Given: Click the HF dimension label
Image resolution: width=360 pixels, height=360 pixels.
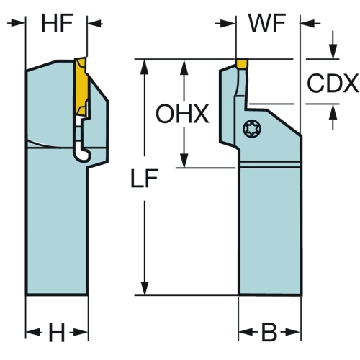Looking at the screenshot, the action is coord(57,23).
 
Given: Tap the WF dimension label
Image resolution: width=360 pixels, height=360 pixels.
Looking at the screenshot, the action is coord(268,23).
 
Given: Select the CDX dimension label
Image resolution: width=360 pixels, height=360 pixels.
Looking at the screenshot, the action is coord(333,84).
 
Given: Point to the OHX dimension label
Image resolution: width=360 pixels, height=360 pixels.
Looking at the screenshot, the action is coord(182,114).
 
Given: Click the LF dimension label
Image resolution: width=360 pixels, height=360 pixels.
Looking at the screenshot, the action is coord(144,179).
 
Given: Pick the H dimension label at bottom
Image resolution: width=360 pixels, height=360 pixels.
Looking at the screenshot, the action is coord(57,333).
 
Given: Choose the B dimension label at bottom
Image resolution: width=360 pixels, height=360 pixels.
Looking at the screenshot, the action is coord(269,333).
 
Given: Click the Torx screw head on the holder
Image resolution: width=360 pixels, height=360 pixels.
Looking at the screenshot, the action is coord(252,129).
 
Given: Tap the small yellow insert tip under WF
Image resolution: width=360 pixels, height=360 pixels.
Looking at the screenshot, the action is coord(242,63).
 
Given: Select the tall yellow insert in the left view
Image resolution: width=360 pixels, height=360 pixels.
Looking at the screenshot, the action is coord(81,86).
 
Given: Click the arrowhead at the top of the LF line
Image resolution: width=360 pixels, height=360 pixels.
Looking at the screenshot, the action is coord(145,66).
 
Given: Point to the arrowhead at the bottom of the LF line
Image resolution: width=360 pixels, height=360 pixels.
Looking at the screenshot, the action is coord(145,288).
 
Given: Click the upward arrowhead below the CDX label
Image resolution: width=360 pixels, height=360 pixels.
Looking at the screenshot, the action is coord(333,112).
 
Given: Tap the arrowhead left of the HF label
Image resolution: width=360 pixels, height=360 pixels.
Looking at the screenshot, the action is coord(18,23).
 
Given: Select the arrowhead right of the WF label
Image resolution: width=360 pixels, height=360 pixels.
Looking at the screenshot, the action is coord(307,24).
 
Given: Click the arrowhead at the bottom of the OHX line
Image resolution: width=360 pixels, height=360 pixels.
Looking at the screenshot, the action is coord(184,161).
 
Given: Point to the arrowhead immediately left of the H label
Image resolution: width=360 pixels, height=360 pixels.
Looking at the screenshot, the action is coord(32,333).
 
